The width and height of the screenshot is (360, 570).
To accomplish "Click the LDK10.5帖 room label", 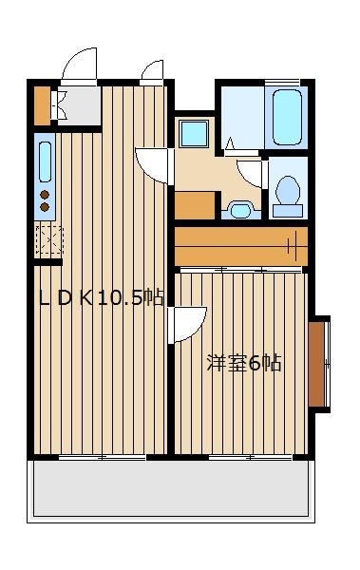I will [101, 297].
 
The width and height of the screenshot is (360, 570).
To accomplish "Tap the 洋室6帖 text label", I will [244, 363].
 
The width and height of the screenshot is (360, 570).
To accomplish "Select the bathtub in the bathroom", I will [287, 117].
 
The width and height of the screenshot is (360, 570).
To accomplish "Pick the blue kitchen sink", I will [45, 161].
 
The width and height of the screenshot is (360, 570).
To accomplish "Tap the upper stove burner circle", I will [44, 196].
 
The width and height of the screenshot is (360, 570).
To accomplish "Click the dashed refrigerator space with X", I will [47, 240].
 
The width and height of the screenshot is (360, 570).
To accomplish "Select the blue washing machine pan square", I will [194, 132].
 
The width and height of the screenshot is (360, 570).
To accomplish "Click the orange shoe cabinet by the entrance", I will [41, 106].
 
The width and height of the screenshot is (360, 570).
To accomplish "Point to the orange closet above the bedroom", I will [242, 246].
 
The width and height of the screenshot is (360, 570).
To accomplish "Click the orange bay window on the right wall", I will [317, 363].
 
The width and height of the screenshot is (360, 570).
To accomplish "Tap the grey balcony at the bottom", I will [172, 492].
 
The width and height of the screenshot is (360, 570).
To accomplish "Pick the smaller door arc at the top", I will [153, 72].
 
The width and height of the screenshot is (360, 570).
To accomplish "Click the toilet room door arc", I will [251, 174].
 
